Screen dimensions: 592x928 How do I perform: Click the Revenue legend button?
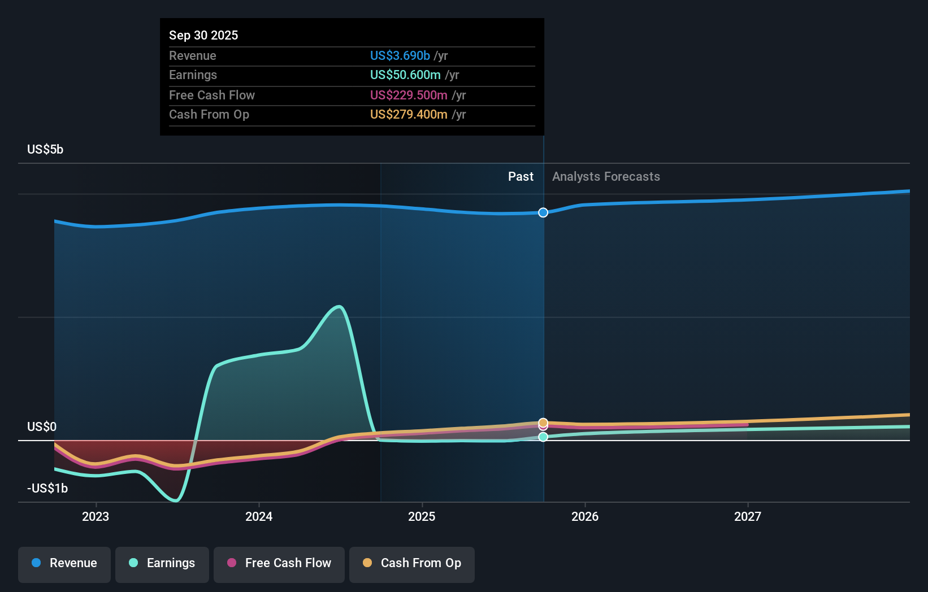[64, 563]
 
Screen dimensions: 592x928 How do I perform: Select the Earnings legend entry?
[162, 563]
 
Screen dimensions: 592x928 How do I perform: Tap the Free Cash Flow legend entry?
[279, 563]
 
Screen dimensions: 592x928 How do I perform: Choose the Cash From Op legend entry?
[412, 563]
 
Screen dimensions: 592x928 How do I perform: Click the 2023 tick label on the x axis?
[96, 516]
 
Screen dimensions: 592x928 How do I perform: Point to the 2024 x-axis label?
[259, 516]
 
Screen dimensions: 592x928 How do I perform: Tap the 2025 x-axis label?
[422, 516]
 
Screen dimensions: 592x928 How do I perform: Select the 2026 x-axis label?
[585, 516]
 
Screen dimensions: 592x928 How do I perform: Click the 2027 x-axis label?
[748, 516]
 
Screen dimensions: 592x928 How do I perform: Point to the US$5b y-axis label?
[45, 150]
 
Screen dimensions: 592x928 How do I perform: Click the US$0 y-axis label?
[42, 427]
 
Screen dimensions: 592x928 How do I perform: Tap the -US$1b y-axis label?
[47, 489]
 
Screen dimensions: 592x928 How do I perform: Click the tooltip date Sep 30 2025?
[203, 35]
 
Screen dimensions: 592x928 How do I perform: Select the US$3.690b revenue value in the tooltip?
[400, 55]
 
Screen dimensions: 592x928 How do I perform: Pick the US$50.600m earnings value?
[405, 75]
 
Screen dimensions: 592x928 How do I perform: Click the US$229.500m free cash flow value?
[409, 95]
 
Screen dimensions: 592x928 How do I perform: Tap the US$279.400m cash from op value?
[409, 115]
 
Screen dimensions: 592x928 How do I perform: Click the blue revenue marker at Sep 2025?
[543, 212]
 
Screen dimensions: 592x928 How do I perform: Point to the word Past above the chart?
[521, 177]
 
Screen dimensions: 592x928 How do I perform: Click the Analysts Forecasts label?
[606, 177]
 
